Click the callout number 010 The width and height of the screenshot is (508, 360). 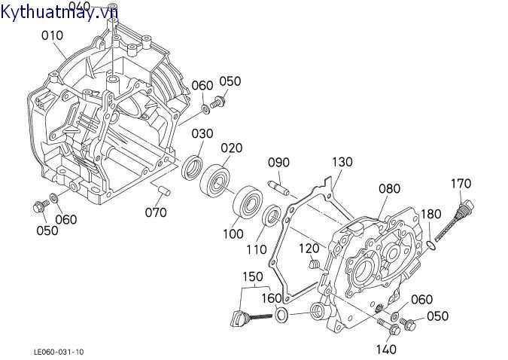click(x=52, y=35)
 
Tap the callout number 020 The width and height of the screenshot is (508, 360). click(x=231, y=148)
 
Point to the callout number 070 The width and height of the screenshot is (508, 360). click(x=156, y=212)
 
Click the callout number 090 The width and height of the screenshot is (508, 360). click(x=278, y=163)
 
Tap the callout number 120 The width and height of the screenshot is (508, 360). click(x=309, y=248)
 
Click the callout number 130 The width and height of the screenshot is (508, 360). click(x=342, y=162)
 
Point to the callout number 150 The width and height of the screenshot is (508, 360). click(x=253, y=276)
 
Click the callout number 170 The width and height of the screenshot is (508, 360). click(x=461, y=183)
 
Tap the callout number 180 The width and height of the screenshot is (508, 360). click(x=430, y=213)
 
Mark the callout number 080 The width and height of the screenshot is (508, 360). click(x=389, y=188)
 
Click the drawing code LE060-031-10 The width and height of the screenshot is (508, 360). click(x=59, y=351)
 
